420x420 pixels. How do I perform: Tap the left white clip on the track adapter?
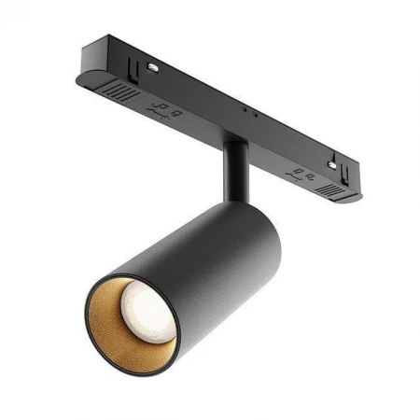click(150, 67)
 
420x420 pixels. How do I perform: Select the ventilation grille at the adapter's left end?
click(119, 93)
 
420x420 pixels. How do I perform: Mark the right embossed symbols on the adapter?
click(300, 174)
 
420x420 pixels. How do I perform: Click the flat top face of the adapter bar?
click(224, 89)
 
